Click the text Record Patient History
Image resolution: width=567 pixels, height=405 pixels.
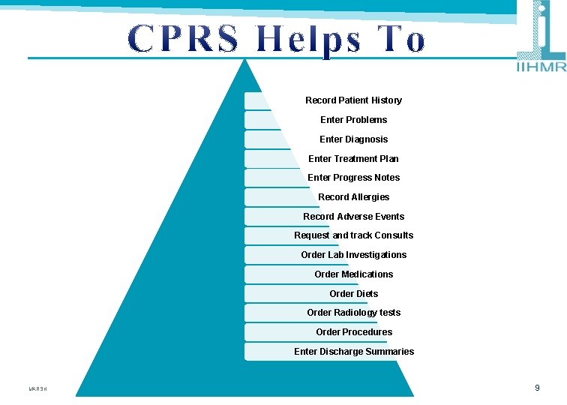[x=353, y=100]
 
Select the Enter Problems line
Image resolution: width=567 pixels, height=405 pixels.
[x=353, y=120]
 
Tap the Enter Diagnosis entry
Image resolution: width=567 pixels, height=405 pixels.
[x=353, y=139]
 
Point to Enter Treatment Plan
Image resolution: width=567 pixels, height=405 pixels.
[x=353, y=159]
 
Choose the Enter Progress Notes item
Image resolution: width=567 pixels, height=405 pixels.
[x=353, y=178]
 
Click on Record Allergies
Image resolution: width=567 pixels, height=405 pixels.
[x=353, y=197]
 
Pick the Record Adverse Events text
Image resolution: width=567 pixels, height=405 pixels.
[x=353, y=217]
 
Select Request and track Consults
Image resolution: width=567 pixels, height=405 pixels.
[x=353, y=235]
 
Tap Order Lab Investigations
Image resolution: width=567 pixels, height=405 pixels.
[x=353, y=255]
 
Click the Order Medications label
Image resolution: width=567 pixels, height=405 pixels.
[x=353, y=274]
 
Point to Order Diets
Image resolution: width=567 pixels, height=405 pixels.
[x=353, y=294]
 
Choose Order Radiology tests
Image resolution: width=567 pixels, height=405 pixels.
[x=353, y=313]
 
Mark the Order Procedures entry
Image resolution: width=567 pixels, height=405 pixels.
[x=353, y=332]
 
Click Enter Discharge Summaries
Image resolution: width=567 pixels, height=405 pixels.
[x=353, y=352]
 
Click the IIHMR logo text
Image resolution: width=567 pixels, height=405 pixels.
[x=541, y=67]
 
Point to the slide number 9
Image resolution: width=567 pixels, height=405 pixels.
[x=537, y=388]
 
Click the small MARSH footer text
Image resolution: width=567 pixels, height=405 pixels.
[x=37, y=389]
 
